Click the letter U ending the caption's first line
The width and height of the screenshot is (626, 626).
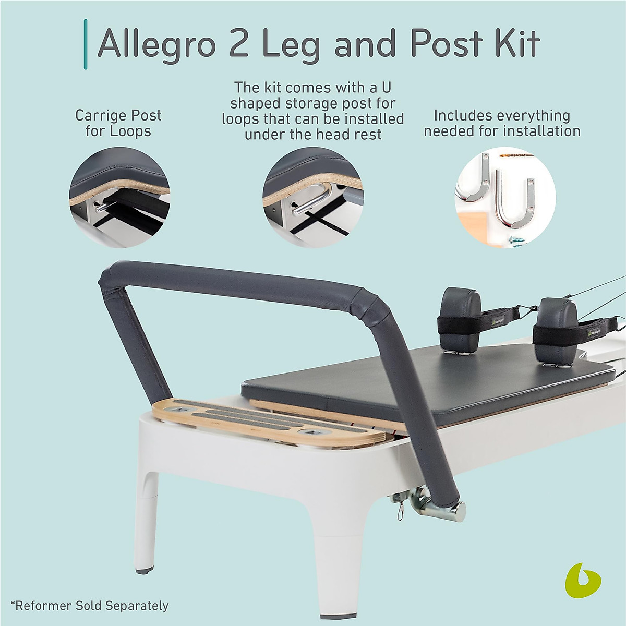(399, 87)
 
